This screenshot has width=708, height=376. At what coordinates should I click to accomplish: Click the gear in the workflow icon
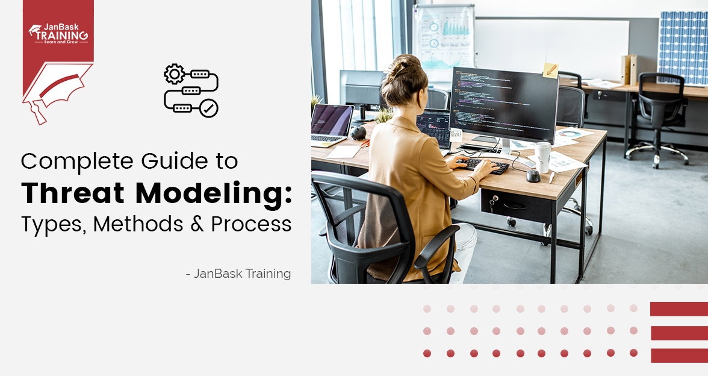click(174, 74)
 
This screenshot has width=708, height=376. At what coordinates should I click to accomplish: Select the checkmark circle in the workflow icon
click(209, 108)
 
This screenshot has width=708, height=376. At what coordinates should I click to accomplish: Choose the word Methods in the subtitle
click(138, 224)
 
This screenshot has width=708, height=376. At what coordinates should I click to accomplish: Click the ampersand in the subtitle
click(197, 224)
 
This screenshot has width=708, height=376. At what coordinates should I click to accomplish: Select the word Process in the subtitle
click(251, 224)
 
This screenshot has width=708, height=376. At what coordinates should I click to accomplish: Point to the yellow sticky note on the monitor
click(550, 70)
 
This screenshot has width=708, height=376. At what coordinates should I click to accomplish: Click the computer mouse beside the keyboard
click(533, 175)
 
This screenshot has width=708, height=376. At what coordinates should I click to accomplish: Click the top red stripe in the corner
click(679, 309)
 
